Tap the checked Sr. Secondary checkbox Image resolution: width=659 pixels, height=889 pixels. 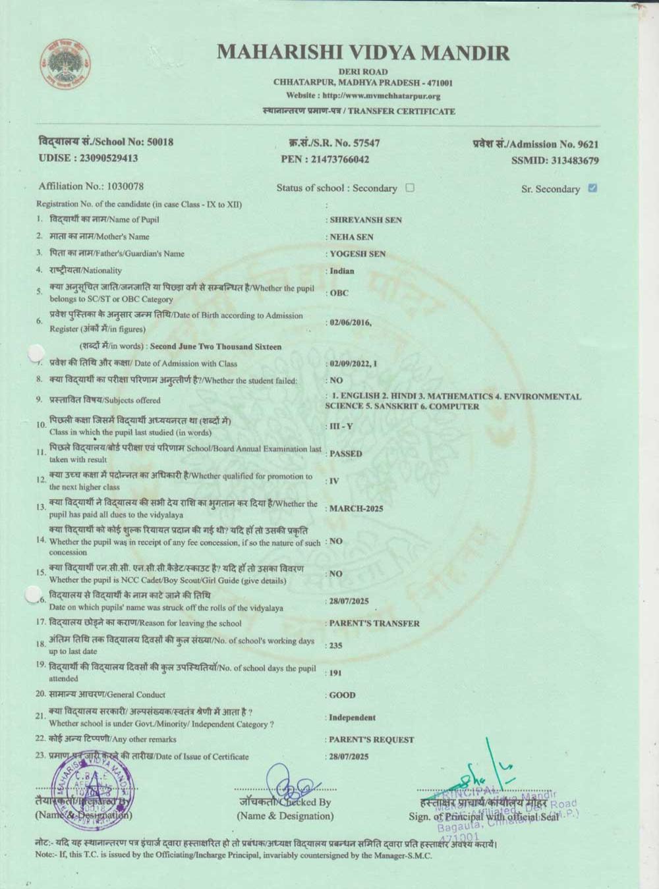pos(592,188)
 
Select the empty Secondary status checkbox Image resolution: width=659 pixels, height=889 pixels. pos(410,188)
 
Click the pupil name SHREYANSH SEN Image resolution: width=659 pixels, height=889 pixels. pos(366,220)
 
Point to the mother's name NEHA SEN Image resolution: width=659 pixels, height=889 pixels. pos(351,237)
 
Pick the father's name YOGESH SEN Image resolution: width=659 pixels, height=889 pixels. pos(358,254)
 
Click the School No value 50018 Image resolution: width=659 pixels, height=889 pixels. pos(160,142)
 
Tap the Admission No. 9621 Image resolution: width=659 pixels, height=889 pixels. pos(588,144)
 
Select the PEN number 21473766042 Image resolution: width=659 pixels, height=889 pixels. pos(339,159)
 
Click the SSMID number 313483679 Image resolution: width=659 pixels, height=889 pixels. pos(575,161)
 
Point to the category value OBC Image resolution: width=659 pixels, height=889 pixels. pos(339,293)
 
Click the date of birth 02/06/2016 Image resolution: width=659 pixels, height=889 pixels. pos(350,323)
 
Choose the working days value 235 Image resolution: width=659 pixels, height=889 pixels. pos(335,645)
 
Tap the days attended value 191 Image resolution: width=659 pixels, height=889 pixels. pos(335,673)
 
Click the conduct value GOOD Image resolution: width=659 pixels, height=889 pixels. pos(342,695)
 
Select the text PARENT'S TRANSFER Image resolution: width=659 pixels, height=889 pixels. pos(374,623)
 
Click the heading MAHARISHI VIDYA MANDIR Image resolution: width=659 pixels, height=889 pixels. pos(363,53)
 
